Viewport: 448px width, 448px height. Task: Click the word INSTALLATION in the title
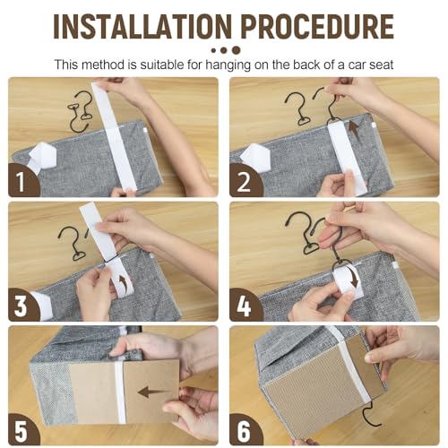pyautogui.click(x=142, y=26)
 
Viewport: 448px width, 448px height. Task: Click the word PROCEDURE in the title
pyautogui.click(x=317, y=26)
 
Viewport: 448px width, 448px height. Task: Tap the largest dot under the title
pyautogui.click(x=236, y=50)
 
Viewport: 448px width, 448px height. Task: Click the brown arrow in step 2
pyautogui.click(x=355, y=131)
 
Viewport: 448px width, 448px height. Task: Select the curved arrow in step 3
pyautogui.click(x=123, y=284)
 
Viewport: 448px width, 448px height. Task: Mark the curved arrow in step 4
pyautogui.click(x=353, y=280)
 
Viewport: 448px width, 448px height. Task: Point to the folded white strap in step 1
pyautogui.click(x=43, y=157)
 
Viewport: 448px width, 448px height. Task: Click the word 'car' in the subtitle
pyautogui.click(x=358, y=65)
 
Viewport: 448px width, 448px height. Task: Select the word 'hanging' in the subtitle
pyautogui.click(x=228, y=65)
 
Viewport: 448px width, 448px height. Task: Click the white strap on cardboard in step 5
pyautogui.click(x=120, y=392)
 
